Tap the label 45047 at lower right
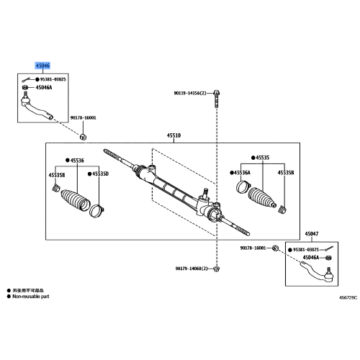point(311,233)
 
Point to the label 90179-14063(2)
point(190,269)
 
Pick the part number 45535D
point(101,174)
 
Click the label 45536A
point(241,173)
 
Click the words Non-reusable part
point(31,294)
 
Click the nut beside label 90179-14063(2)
point(216,269)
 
